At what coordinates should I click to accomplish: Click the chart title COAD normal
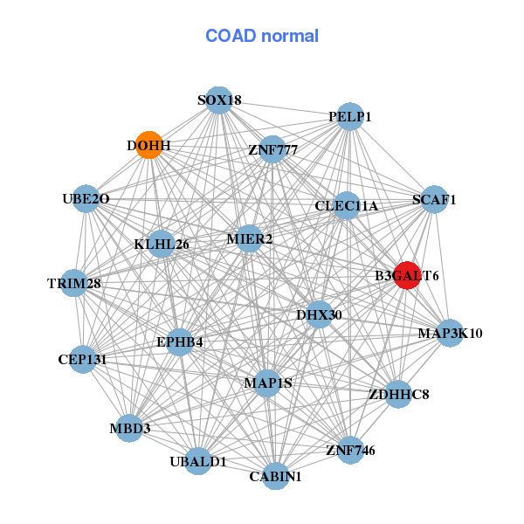(x=262, y=37)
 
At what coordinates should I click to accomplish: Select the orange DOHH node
(x=149, y=145)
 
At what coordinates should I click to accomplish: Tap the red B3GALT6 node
(x=407, y=276)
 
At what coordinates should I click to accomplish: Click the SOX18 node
(x=219, y=100)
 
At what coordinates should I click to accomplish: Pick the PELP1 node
(x=350, y=116)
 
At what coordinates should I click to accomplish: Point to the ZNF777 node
(x=272, y=149)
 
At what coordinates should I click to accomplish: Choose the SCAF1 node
(x=435, y=199)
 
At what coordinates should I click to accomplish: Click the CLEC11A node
(x=347, y=206)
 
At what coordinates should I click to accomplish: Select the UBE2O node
(x=86, y=199)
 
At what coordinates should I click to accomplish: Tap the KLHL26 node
(x=162, y=244)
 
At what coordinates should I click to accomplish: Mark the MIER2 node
(x=250, y=238)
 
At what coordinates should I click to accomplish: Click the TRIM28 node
(x=74, y=283)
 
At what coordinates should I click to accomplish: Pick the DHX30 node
(x=319, y=314)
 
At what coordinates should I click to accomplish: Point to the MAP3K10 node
(x=450, y=333)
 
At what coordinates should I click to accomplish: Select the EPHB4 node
(x=180, y=341)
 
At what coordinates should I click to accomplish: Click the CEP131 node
(x=82, y=359)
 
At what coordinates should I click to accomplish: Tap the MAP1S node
(x=267, y=383)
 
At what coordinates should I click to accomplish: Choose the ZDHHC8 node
(x=397, y=394)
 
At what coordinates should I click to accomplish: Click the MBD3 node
(x=130, y=428)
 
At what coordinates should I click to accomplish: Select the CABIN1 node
(x=275, y=476)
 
